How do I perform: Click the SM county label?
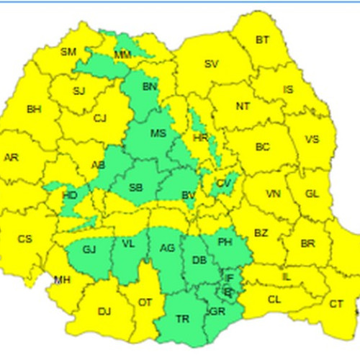click(68, 52)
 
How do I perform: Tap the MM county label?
click(122, 55)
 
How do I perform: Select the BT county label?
click(263, 40)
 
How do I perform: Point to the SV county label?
click(211, 64)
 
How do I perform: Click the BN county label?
click(150, 87)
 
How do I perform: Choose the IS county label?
click(288, 90)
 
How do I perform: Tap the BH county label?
click(34, 109)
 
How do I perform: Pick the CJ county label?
click(100, 118)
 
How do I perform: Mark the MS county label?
click(157, 133)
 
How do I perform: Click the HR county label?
click(201, 137)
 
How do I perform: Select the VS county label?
click(312, 140)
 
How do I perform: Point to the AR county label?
click(12, 157)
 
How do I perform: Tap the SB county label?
click(135, 188)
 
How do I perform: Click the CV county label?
click(223, 184)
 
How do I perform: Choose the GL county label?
click(311, 194)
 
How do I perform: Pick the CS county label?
click(25, 239)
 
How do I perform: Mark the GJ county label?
click(89, 249)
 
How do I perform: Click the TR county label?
click(183, 318)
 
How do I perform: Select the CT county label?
click(336, 305)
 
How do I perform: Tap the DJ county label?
click(104, 311)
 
